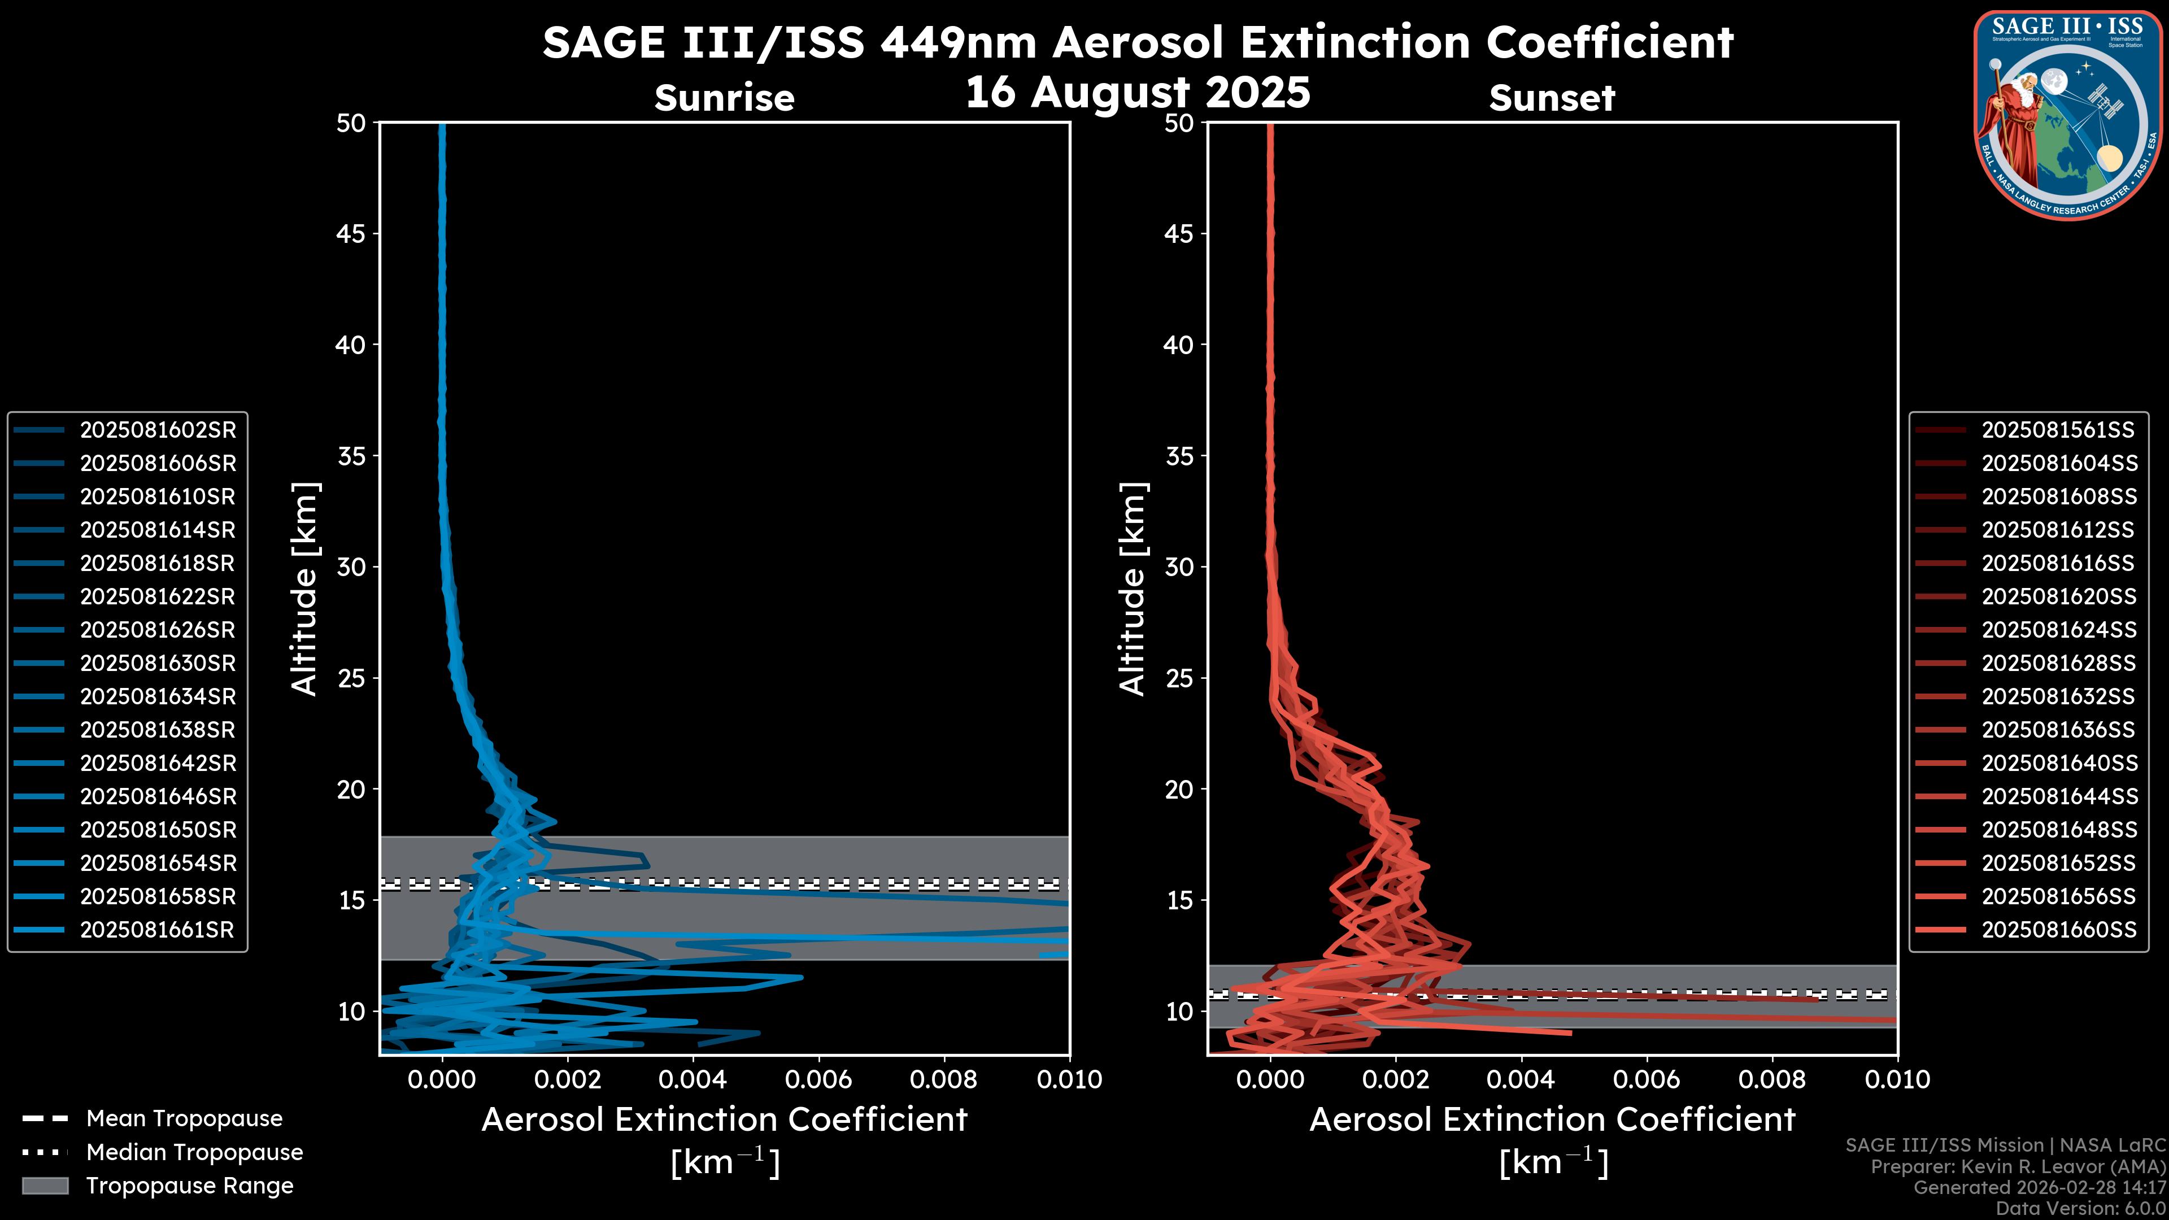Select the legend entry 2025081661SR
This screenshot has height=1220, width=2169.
coord(156,930)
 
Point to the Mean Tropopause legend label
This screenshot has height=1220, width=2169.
coord(184,1119)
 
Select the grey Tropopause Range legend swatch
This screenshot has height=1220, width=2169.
coord(45,1186)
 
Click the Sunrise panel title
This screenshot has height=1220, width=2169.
coord(724,98)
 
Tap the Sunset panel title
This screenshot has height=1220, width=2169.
coord(1552,98)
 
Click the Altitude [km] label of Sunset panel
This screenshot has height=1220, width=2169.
coord(1133,589)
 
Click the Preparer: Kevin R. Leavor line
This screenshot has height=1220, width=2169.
coord(2018,1167)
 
